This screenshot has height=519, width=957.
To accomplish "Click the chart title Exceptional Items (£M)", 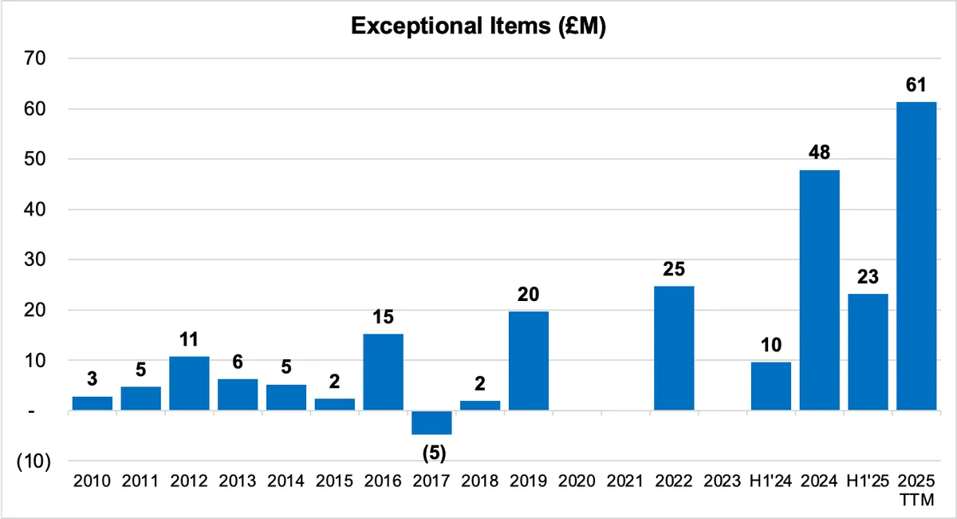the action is [478, 26].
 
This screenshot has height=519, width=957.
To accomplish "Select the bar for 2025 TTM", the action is [916, 256].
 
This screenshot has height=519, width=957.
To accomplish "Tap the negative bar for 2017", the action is [431, 422].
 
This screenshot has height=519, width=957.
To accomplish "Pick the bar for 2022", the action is [674, 348].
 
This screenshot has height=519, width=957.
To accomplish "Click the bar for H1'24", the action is [771, 386].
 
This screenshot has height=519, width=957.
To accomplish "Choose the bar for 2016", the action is [384, 372].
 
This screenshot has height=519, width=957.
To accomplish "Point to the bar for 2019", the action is [529, 361].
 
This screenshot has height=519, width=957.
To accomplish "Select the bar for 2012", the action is [189, 383].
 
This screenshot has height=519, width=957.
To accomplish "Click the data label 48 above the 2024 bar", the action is [820, 153].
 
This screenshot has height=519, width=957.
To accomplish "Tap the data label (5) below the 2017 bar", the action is [434, 453].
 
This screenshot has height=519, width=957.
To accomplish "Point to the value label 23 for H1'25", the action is [868, 277].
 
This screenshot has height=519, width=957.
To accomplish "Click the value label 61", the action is [916, 85].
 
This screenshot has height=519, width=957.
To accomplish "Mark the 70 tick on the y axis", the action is [35, 58].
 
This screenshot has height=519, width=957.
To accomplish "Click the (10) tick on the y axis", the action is [33, 462].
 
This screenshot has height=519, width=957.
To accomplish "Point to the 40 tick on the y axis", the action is [35, 210].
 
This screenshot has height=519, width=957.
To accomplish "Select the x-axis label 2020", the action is [577, 481].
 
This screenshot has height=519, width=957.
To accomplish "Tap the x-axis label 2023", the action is [723, 481].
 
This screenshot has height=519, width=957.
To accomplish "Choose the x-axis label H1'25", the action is [868, 481].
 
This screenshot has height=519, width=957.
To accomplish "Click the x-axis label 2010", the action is [92, 481].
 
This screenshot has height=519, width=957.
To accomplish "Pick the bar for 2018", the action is [480, 406].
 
